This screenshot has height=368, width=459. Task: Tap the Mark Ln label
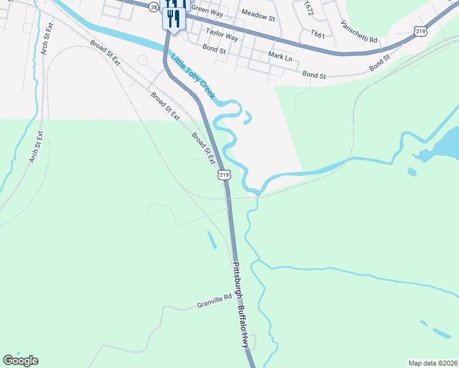[279, 56]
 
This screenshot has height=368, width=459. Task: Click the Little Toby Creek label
[193, 77]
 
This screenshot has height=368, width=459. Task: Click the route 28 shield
[153, 6]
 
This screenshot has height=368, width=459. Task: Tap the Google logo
[20, 361]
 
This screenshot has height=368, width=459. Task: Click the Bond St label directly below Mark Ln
[314, 75]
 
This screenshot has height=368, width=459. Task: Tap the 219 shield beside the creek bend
[224, 175]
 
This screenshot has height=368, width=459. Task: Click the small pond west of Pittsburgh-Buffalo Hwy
[211, 239]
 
